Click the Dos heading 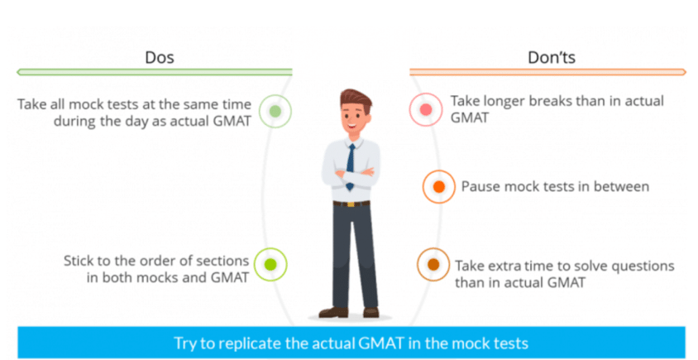tap(160, 57)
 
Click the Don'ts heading tap(552, 57)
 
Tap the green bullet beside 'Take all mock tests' tap(275, 112)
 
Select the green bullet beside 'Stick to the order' tap(270, 265)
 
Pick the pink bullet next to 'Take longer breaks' tap(426, 109)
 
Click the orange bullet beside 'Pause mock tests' tap(439, 187)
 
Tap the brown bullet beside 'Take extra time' tap(433, 265)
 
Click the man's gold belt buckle tap(351, 204)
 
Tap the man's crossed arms tap(351, 174)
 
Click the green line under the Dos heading tap(155, 72)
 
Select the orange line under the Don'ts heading tap(548, 72)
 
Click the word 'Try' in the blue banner tap(185, 344)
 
